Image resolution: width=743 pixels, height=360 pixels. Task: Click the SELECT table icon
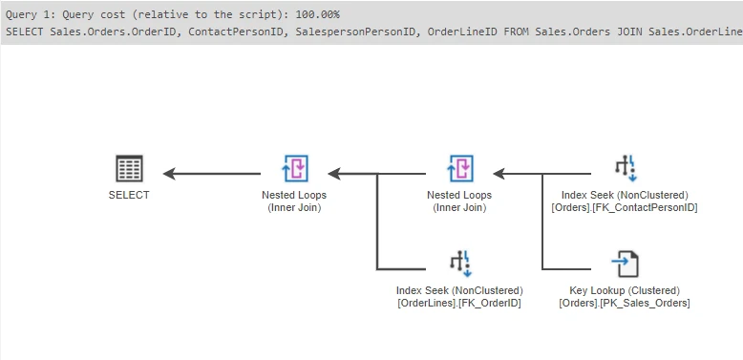[x=129, y=169]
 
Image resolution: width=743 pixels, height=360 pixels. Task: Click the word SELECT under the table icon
[x=129, y=195]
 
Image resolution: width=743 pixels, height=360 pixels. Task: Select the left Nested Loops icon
[x=294, y=169]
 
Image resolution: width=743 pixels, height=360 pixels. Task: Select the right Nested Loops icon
[x=459, y=169]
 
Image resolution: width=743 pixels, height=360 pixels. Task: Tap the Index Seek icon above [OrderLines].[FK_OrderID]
[x=459, y=262]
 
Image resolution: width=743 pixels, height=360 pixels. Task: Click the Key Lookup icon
[x=625, y=262]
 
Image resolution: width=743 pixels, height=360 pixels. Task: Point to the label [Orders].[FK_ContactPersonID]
[x=625, y=207]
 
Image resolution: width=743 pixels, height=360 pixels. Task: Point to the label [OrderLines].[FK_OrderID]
[x=459, y=303]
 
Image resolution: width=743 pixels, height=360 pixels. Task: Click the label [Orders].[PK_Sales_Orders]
[x=625, y=303]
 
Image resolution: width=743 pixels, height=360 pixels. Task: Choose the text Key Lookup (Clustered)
[x=625, y=290]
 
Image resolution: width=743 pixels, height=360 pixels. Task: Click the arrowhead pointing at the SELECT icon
[x=169, y=174]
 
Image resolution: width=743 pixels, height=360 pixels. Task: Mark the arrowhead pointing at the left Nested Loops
[x=333, y=174]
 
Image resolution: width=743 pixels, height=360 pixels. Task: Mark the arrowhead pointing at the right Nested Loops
[x=499, y=174]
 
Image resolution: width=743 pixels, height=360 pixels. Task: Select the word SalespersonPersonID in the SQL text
[x=354, y=32]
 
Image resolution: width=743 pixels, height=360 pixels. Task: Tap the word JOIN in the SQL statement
[x=628, y=32]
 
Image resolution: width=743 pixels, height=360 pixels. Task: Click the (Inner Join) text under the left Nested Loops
[x=294, y=207]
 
